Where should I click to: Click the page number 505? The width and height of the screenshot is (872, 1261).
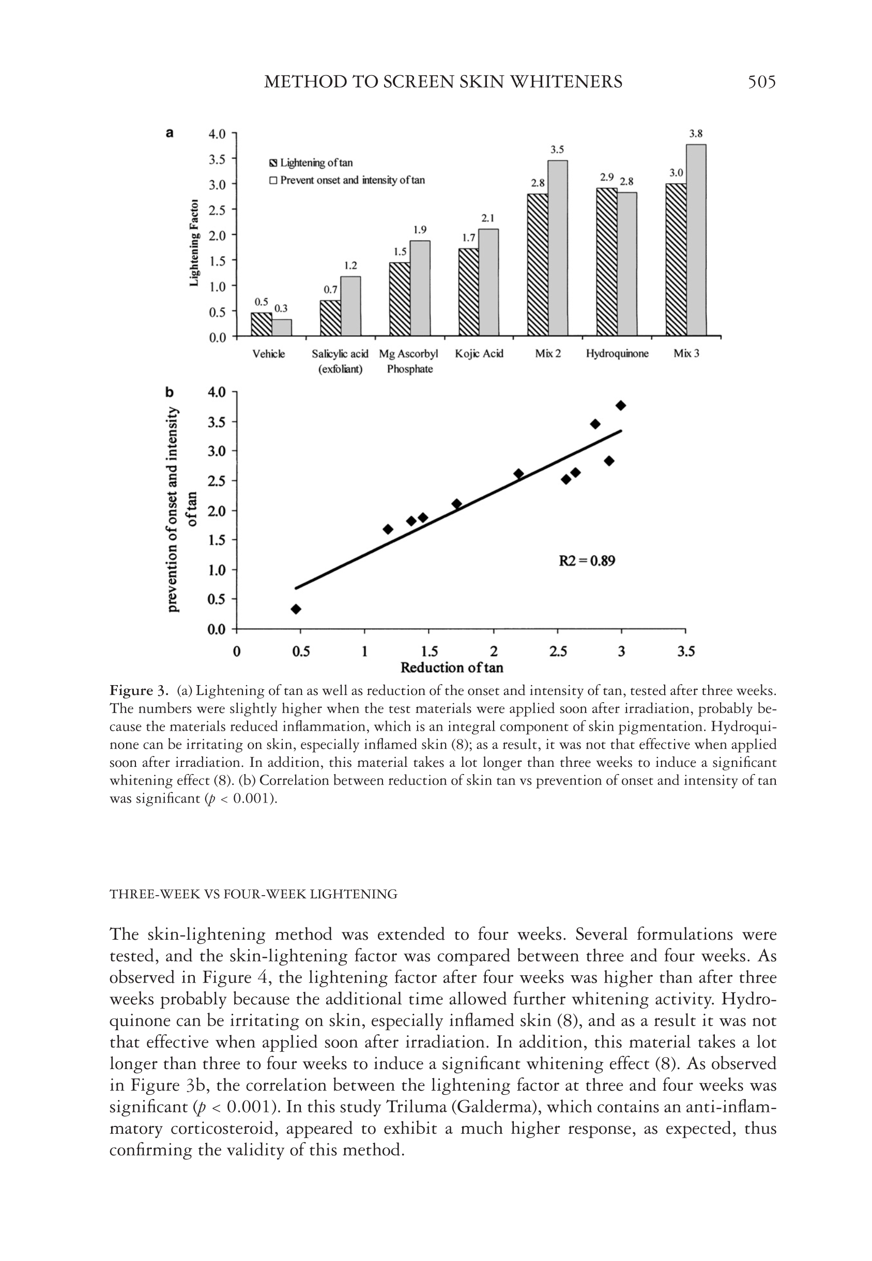761,82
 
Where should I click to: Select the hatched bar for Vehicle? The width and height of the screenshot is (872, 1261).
261,324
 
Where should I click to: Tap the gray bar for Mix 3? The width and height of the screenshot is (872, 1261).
696,241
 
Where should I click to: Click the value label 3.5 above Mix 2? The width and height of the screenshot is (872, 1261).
557,150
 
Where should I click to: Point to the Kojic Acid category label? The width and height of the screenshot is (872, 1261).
479,354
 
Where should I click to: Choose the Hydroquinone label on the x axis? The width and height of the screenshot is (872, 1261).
617,354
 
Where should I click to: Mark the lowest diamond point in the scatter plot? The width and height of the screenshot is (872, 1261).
296,609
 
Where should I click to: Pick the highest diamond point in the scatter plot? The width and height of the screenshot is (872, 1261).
621,405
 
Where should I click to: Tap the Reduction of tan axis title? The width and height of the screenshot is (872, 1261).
452,667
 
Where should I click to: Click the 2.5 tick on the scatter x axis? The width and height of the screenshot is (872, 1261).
558,652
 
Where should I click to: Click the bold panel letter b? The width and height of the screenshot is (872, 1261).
170,392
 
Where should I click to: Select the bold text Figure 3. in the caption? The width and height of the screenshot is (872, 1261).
138,691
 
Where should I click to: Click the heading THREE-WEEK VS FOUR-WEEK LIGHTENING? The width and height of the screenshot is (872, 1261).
253,895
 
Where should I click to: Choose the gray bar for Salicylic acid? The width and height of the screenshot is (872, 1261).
350,306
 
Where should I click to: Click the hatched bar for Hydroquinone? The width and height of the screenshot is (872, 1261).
606,262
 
